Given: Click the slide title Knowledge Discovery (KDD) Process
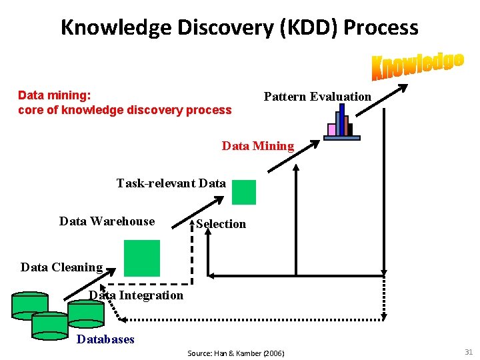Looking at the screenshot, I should (x=239, y=27).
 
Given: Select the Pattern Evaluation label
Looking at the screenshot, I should (x=317, y=97).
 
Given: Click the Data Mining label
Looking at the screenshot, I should (x=257, y=146).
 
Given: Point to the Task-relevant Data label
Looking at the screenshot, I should (x=171, y=183).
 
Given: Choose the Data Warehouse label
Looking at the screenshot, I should (x=107, y=221).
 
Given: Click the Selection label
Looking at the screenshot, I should (x=221, y=224).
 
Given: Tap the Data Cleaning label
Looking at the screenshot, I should (x=61, y=267).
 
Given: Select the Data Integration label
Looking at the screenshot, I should (x=136, y=295).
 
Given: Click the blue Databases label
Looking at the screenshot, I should (x=105, y=339).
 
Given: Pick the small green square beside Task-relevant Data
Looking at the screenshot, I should (x=243, y=193).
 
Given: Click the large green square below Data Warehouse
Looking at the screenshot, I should (x=142, y=258).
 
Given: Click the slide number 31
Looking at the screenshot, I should (x=468, y=352).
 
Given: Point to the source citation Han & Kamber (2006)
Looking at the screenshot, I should (x=235, y=353).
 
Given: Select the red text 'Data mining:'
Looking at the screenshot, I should (x=55, y=95).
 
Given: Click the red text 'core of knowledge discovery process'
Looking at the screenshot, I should (x=125, y=110).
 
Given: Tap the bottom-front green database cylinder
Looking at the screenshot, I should (x=50, y=324).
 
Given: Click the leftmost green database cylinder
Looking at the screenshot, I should (x=30, y=305).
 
